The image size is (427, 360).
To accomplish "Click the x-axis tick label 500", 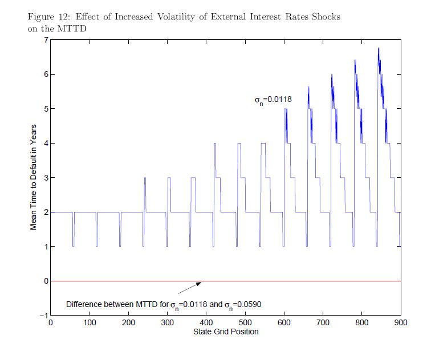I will pos(284,322).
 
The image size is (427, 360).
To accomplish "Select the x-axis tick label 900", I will pos(401,322).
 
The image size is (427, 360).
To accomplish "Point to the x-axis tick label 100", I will pos(90,322).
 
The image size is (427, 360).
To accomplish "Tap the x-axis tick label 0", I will pos(51,322).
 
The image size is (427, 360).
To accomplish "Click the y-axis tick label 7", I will pos(45,40).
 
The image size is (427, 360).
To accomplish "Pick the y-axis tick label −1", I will pos(43,315).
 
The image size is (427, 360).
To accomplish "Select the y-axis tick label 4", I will pos(45,143).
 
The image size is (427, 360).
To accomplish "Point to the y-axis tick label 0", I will pos(45,281).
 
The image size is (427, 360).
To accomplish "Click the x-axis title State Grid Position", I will pos(226,332).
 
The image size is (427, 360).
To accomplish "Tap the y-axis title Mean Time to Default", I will pos(34,177).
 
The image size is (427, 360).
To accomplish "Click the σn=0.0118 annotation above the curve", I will pos(273,100).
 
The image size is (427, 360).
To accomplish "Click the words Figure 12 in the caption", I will pos(47,17).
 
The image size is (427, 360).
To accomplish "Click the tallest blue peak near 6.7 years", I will pos(379,50).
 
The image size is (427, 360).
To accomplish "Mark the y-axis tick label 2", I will pos(45,212).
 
